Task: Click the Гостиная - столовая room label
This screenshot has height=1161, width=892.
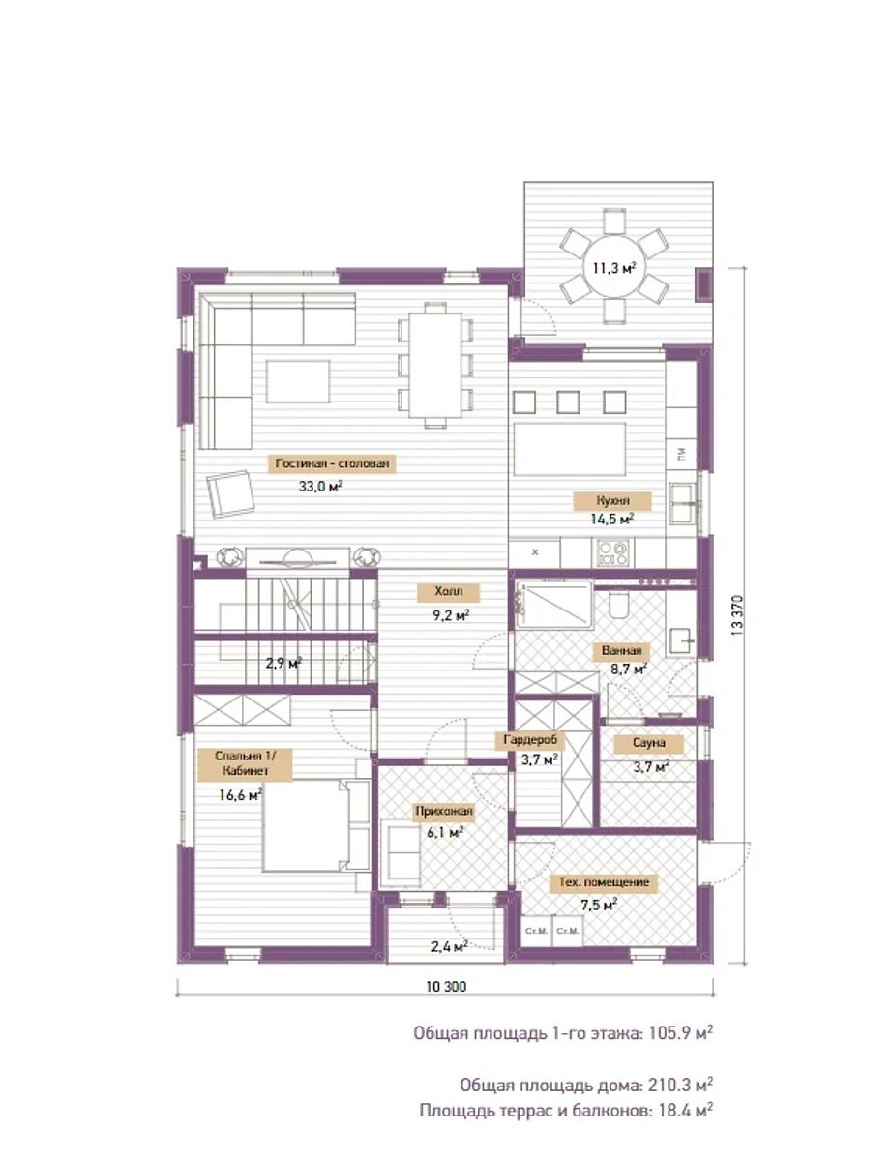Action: tap(332, 463)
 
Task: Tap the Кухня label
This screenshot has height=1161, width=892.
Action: tap(612, 500)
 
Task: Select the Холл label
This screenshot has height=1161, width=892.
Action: tap(448, 591)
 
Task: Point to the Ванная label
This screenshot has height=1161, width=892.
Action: tap(621, 651)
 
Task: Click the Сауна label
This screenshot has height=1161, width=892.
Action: tap(648, 743)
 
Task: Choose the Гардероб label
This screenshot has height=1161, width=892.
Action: tap(530, 739)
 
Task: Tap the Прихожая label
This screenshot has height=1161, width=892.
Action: tap(444, 811)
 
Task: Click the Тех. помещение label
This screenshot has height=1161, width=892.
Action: tap(604, 882)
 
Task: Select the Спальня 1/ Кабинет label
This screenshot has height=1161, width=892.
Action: tap(245, 763)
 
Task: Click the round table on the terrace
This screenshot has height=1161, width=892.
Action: tap(614, 265)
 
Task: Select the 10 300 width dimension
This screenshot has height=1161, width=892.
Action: tap(446, 987)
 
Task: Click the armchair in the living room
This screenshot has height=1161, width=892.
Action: tap(231, 493)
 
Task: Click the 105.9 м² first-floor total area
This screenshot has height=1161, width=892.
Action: tap(680, 1033)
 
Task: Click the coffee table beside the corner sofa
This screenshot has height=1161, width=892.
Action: tap(298, 381)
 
